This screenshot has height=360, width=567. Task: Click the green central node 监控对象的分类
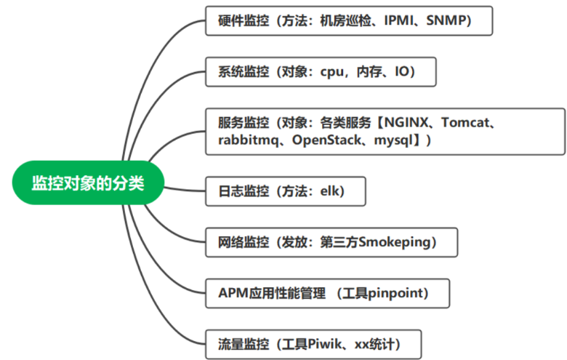pyautogui.click(x=88, y=183)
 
